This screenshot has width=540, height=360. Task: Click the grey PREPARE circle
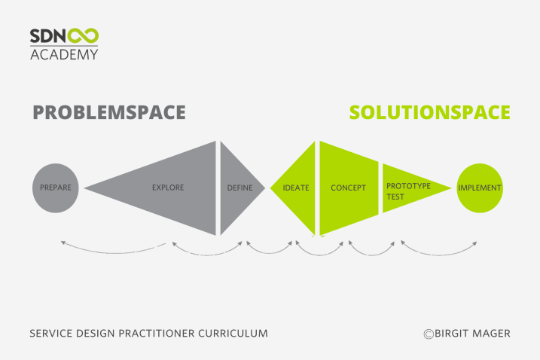56,188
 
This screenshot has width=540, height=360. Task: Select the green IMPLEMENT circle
480,188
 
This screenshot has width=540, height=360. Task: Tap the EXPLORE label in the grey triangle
168,188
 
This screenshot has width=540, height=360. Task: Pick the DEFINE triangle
239,188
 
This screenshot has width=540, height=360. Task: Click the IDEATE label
296,188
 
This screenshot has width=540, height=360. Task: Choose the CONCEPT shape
349,188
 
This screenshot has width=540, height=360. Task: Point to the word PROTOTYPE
408,186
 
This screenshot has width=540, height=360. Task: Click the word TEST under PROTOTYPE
395,197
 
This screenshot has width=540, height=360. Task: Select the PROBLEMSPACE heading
109,112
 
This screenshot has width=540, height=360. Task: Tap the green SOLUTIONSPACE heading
430,112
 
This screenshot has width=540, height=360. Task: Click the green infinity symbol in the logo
83,36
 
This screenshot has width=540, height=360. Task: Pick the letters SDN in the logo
48,36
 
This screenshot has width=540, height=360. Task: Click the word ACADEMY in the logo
64,54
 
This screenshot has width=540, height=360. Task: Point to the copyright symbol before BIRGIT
429,334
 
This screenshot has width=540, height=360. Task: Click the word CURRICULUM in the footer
233,334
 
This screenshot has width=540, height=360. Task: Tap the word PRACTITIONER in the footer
157,334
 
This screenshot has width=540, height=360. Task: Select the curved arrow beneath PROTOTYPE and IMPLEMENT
439,255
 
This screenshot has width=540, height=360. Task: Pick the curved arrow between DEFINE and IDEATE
270,253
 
